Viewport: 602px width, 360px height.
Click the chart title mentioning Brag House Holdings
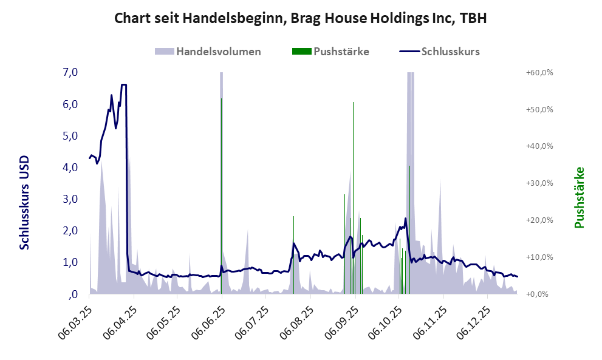tap(301, 19)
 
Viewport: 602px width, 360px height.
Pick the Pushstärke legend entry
tap(330, 51)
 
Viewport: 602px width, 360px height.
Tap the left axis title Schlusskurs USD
tap(25, 203)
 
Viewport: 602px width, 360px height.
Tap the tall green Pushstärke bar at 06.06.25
tap(221, 194)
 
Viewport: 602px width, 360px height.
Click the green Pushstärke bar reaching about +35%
tap(409, 231)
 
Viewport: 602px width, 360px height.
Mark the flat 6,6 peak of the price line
tap(124, 84)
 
